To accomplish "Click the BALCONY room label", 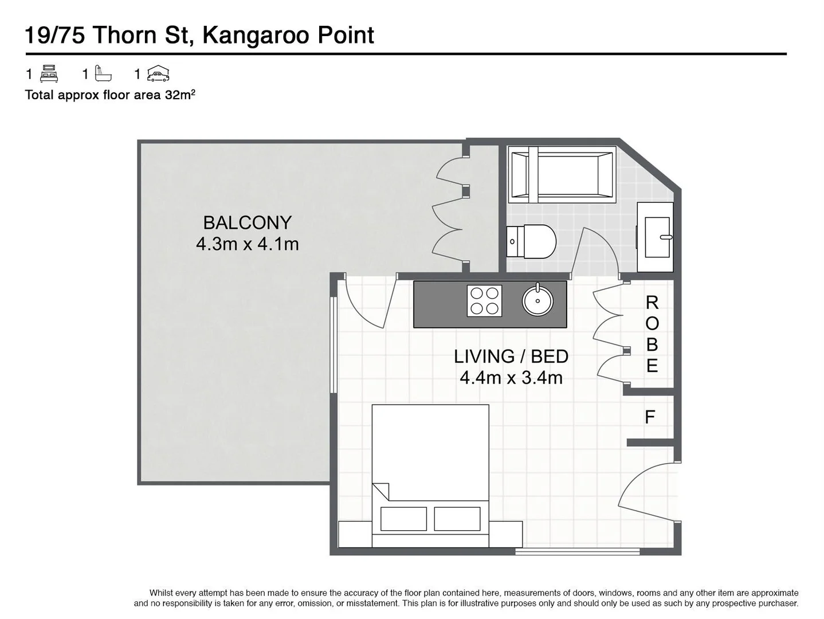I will pyautogui.click(x=247, y=222).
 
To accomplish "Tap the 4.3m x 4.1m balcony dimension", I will pyautogui.click(x=247, y=244).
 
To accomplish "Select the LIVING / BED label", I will pyautogui.click(x=511, y=356).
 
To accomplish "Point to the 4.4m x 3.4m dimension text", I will pyautogui.click(x=511, y=378).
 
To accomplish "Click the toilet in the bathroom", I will pyautogui.click(x=531, y=241).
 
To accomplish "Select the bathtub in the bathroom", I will pyautogui.click(x=562, y=174).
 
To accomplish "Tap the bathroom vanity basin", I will pyautogui.click(x=657, y=237).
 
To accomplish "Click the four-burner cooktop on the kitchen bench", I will pyautogui.click(x=485, y=301).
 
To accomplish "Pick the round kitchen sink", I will pyautogui.click(x=537, y=300).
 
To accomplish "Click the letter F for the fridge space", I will pyautogui.click(x=649, y=417).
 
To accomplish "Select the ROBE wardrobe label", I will pyautogui.click(x=652, y=334).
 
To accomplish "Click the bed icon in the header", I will pyautogui.click(x=49, y=74).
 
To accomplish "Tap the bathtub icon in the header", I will pyautogui.click(x=103, y=74).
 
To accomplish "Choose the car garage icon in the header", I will pyautogui.click(x=158, y=74).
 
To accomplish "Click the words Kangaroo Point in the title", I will pyautogui.click(x=288, y=36).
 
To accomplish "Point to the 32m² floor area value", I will pyautogui.click(x=180, y=95).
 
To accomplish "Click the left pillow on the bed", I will pyautogui.click(x=403, y=519).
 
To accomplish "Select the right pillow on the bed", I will pyautogui.click(x=457, y=519).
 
